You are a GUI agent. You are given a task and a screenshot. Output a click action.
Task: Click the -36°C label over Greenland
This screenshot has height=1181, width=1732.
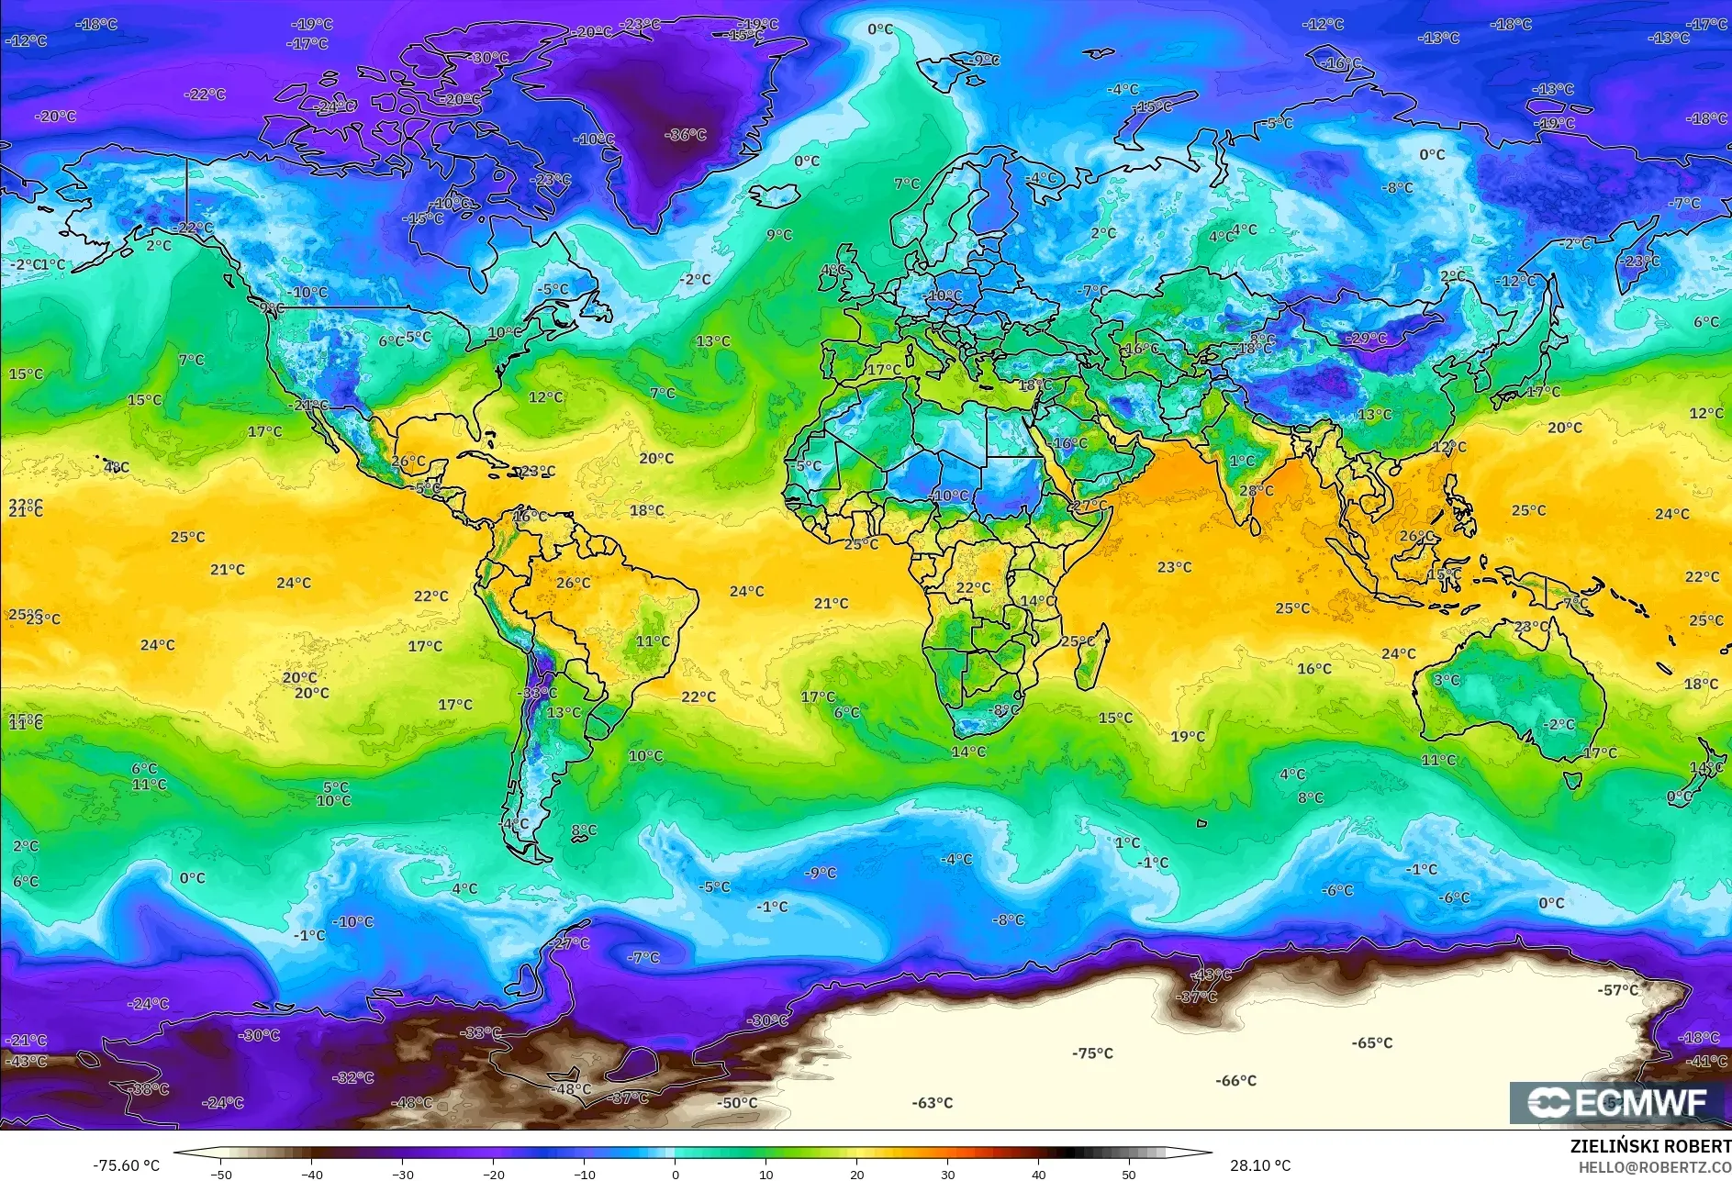(x=685, y=135)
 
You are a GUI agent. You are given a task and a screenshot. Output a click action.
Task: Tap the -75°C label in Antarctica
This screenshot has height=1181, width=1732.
(x=1092, y=1053)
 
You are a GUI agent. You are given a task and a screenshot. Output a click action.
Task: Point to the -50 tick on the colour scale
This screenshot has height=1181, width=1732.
(x=221, y=1174)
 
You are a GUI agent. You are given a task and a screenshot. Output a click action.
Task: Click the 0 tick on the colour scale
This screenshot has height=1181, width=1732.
(x=676, y=1174)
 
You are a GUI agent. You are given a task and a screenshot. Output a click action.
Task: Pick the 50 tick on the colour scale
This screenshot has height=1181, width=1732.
(x=1129, y=1174)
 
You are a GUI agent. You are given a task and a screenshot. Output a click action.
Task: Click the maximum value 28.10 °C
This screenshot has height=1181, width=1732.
(x=1260, y=1165)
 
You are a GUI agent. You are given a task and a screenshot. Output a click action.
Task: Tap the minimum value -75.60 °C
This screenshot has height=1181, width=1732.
(x=126, y=1165)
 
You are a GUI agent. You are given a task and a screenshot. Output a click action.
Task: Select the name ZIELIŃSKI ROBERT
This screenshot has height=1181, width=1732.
(x=1649, y=1146)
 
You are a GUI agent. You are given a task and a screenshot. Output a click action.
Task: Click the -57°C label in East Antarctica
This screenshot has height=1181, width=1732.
(x=1618, y=990)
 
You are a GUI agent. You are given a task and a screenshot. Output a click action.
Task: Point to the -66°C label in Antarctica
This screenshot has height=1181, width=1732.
(x=1235, y=1081)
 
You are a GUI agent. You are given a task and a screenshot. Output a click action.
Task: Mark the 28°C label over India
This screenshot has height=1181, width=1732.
(x=1257, y=491)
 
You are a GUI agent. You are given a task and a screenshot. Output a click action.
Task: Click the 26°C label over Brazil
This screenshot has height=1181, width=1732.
(x=573, y=583)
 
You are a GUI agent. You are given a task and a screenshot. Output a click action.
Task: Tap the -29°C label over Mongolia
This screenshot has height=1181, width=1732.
(x=1366, y=339)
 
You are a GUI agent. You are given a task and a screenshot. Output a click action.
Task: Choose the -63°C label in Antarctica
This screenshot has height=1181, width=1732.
(x=932, y=1103)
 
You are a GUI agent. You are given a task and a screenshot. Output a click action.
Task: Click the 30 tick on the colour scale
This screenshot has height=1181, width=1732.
(x=947, y=1174)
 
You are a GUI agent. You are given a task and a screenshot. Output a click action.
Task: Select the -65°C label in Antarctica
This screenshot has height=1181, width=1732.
(x=1371, y=1043)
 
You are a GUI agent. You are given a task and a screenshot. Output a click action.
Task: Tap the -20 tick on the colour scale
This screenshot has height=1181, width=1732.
(x=494, y=1174)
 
